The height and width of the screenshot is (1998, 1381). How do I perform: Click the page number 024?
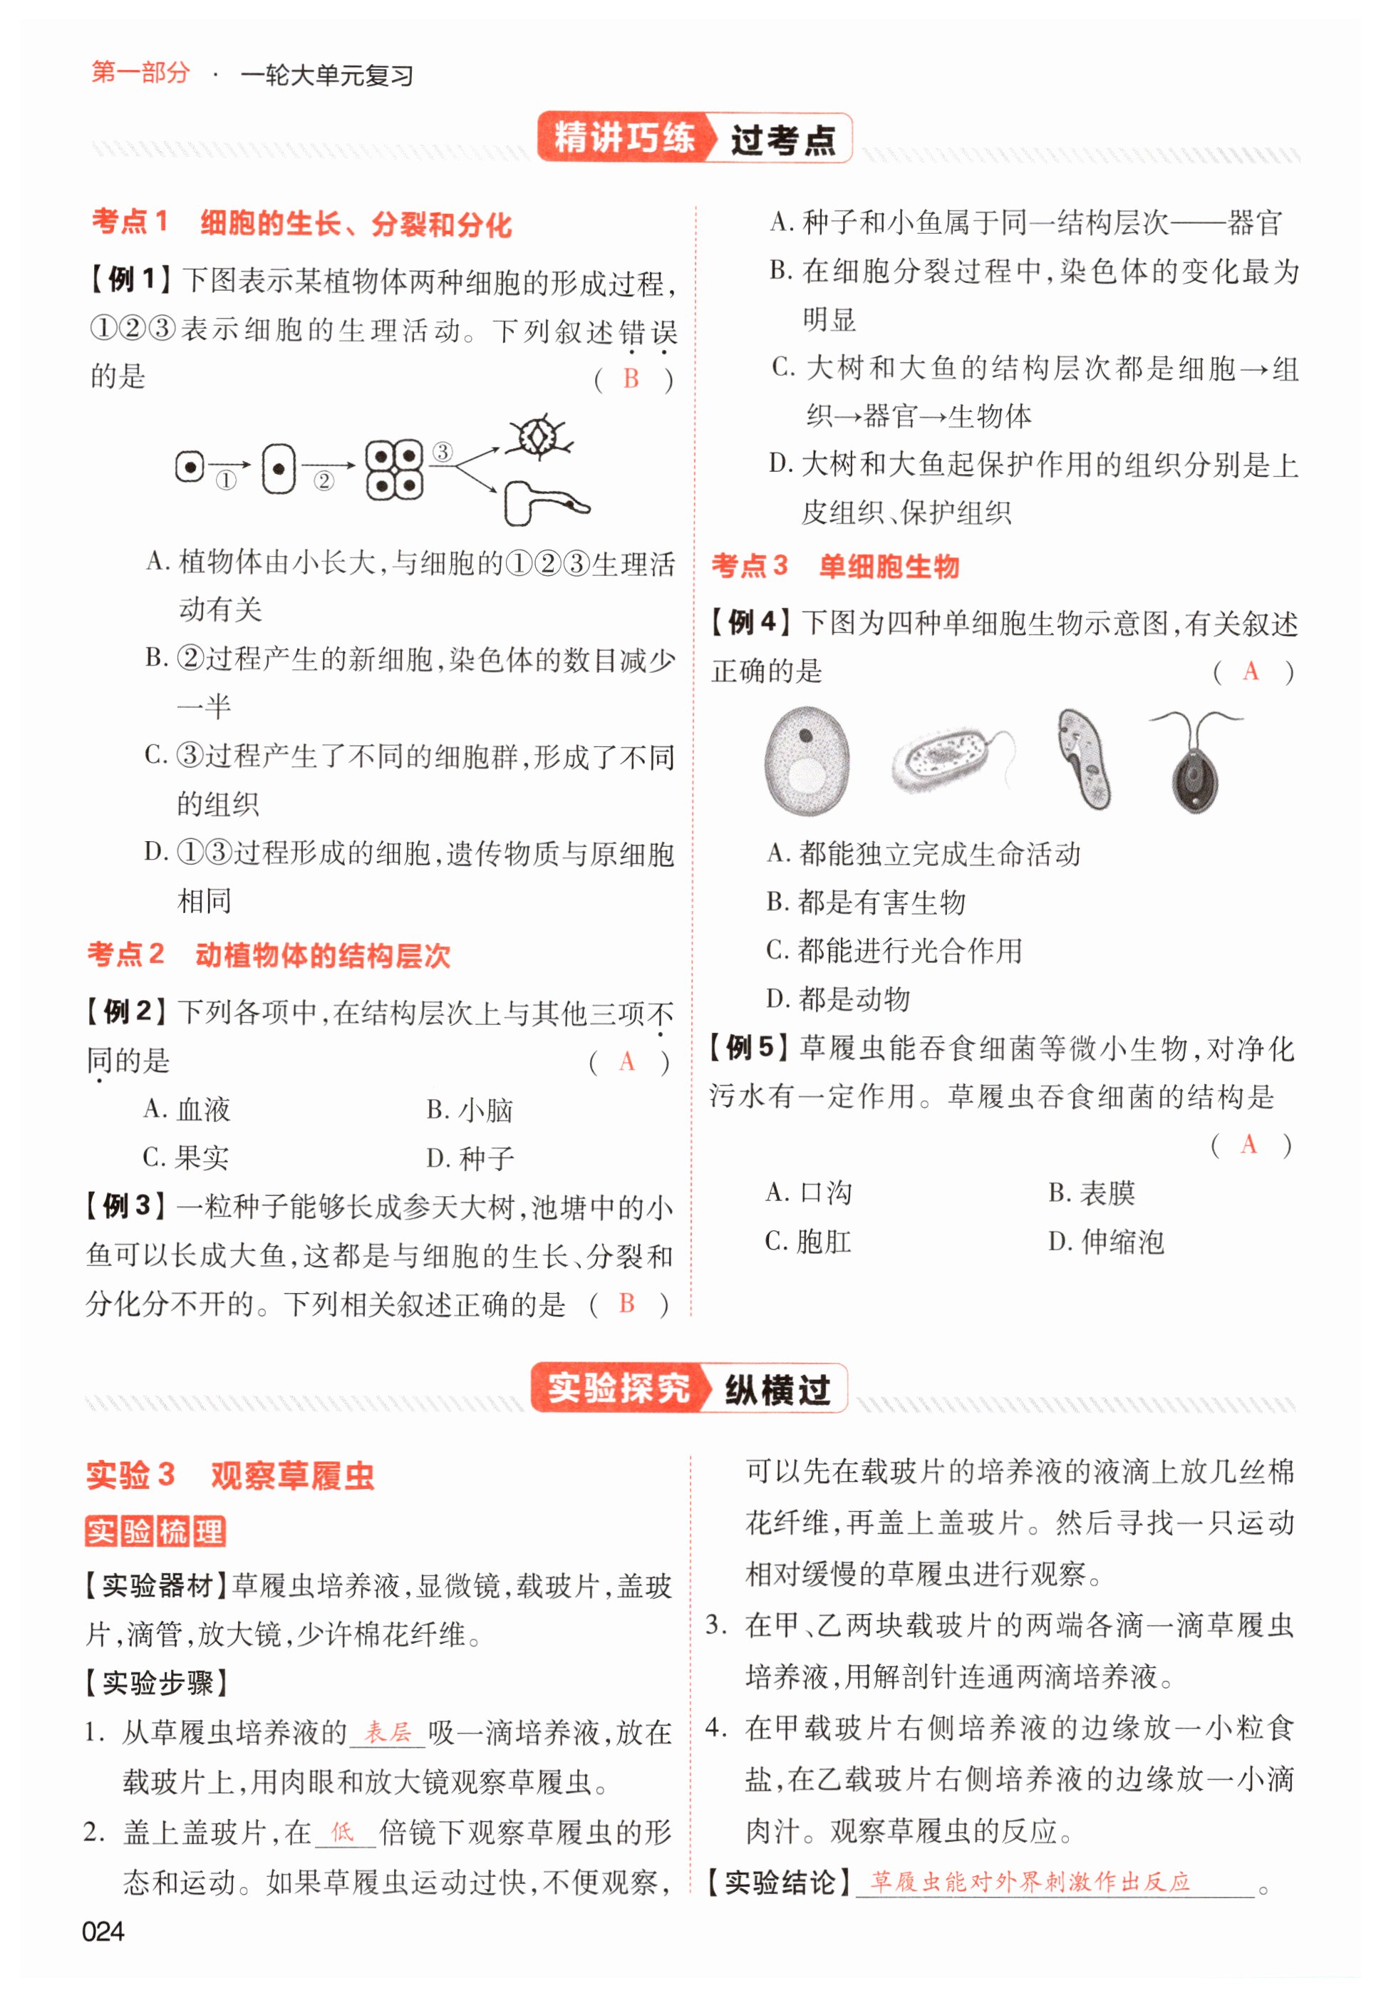[102, 1930]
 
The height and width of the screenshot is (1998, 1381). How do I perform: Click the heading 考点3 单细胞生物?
[835, 566]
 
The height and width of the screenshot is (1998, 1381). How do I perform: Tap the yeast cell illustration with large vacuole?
[807, 761]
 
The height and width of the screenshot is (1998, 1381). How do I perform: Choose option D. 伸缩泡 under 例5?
[1106, 1242]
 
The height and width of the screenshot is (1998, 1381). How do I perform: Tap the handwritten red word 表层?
[387, 1731]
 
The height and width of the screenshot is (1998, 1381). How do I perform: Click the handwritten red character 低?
[343, 1831]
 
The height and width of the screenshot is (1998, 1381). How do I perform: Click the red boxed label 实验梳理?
[156, 1530]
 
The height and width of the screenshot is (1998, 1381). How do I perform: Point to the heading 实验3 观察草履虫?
[230, 1476]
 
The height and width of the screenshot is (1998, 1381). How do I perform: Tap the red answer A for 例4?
[1251, 671]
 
